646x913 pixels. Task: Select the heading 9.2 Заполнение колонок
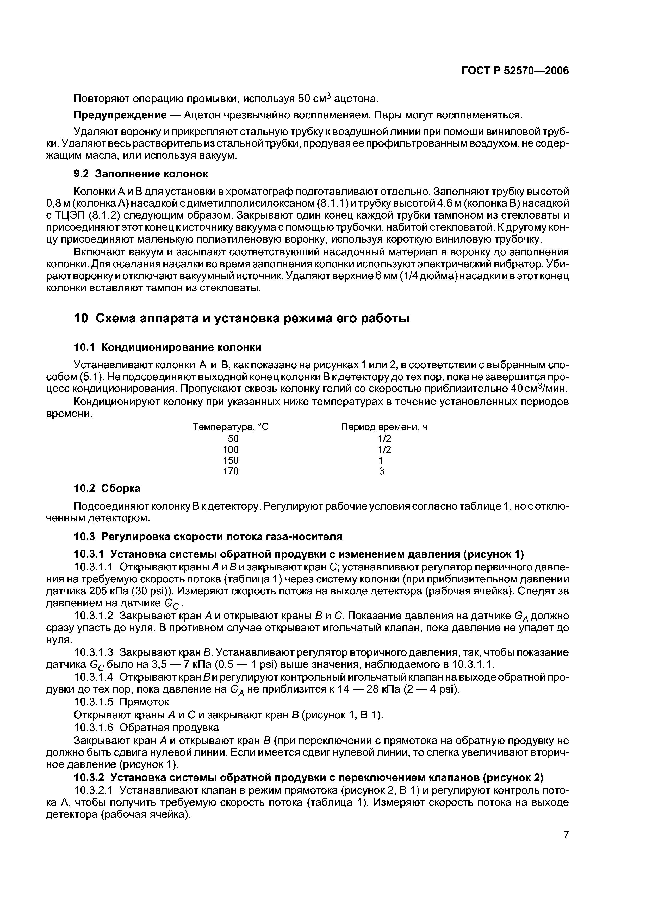coord(141,174)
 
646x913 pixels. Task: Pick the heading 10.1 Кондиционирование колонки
coord(168,347)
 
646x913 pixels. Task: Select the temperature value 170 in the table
coord(231,471)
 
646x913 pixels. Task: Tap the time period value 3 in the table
coord(382,471)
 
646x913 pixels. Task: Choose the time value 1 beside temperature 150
coord(381,460)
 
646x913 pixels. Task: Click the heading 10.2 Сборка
coord(108,488)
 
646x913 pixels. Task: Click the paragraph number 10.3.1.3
coord(94,652)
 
